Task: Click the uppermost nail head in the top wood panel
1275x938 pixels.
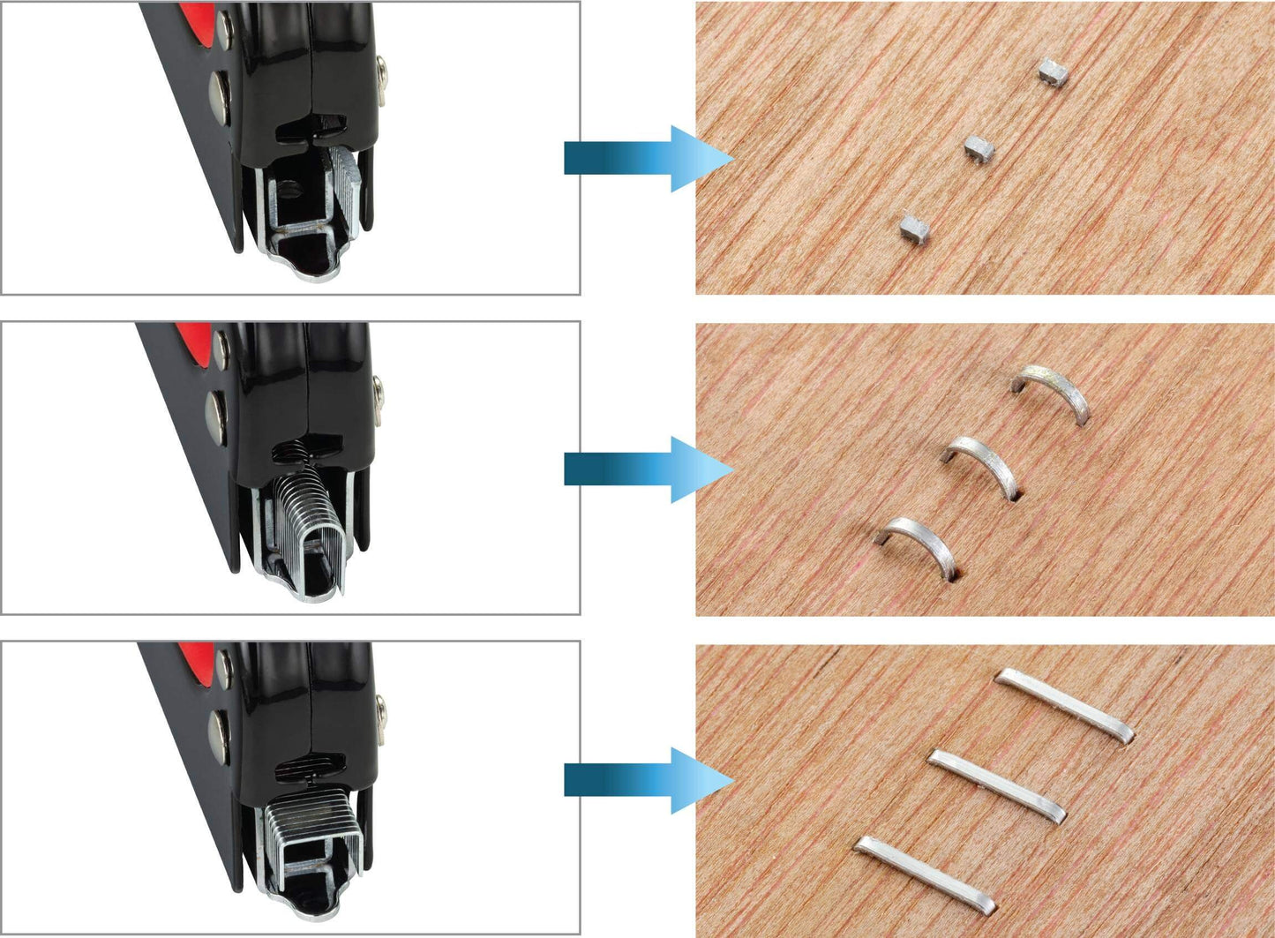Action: pyautogui.click(x=1053, y=72)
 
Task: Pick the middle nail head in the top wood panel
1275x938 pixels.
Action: pyautogui.click(x=978, y=149)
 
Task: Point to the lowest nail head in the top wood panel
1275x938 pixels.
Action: pyautogui.click(x=915, y=230)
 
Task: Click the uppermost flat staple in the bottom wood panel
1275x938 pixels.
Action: pyautogui.click(x=1063, y=705)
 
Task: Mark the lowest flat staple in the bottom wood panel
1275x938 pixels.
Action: pyautogui.click(x=924, y=874)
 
